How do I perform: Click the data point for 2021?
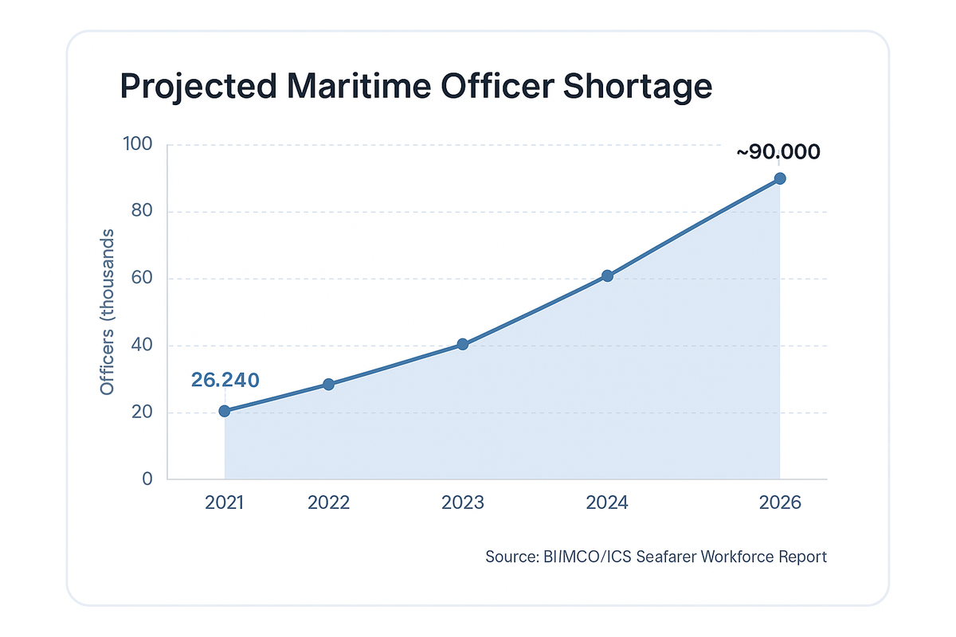click(x=225, y=411)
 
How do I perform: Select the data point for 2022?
click(x=328, y=385)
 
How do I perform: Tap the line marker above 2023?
click(x=463, y=345)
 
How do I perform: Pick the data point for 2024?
click(x=607, y=276)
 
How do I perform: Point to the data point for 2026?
click(x=780, y=178)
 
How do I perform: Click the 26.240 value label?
click(x=225, y=380)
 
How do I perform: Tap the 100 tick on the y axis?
click(x=137, y=145)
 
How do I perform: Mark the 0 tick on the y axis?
click(x=147, y=479)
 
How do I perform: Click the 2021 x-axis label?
click(x=225, y=503)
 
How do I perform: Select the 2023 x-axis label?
click(x=463, y=503)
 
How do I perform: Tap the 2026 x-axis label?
click(x=780, y=503)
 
